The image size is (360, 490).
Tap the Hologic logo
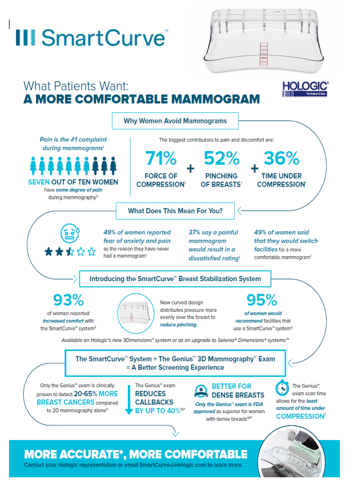[x=305, y=89]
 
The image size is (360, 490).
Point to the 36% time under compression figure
[x=282, y=158]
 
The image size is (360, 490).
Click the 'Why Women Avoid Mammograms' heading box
[x=175, y=121]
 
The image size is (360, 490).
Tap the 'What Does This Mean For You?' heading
[x=175, y=211]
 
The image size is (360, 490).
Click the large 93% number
[x=69, y=300]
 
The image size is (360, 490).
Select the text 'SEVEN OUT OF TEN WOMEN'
[x=73, y=182]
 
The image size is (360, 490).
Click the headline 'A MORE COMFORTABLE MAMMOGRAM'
[x=142, y=99]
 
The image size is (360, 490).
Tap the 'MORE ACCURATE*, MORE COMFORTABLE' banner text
[x=136, y=454]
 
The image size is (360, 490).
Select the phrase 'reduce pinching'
[x=179, y=325]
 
